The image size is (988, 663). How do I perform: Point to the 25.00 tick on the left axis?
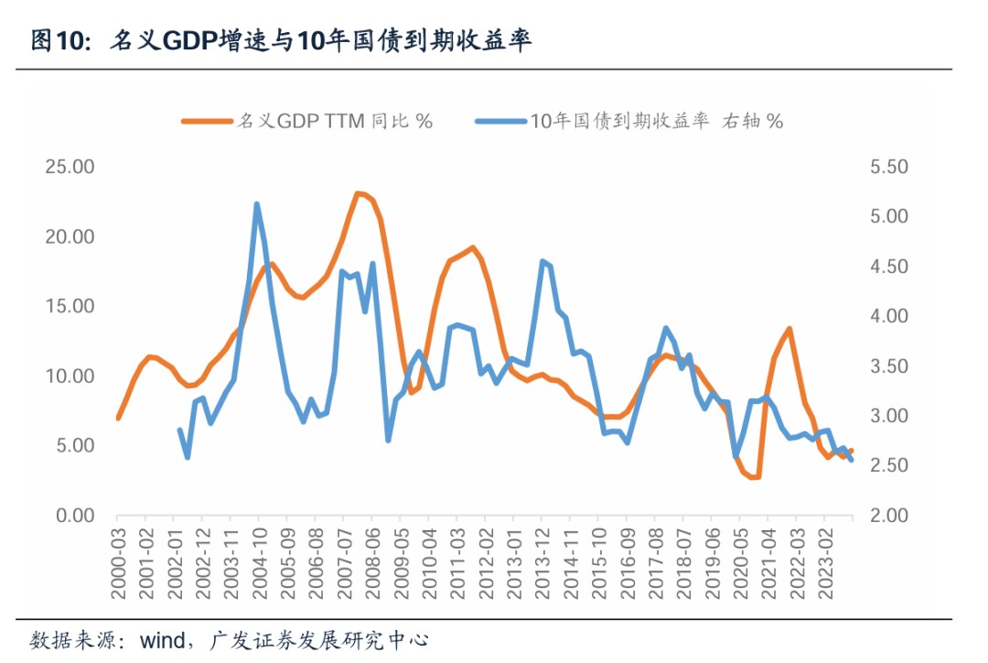pos(70,168)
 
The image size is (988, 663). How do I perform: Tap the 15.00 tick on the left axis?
pos(70,307)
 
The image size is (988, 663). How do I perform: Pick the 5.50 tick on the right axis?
pos(884,168)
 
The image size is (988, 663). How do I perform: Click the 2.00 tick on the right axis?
pos(884,516)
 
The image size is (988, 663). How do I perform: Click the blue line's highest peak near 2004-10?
pos(257,204)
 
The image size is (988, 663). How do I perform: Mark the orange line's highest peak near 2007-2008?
pos(359,193)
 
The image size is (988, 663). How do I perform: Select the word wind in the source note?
pos(161,640)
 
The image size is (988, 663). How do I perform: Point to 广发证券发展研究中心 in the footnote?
pos(319,640)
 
